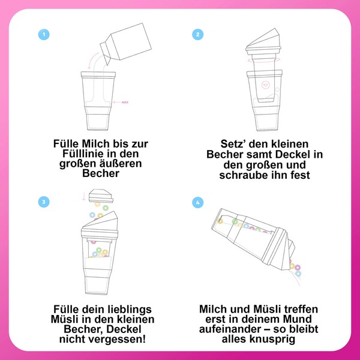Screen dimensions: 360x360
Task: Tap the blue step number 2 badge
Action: click(197, 34)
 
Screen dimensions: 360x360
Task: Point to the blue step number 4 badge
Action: click(197, 203)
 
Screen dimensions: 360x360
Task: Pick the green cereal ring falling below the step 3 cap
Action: click(106, 208)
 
